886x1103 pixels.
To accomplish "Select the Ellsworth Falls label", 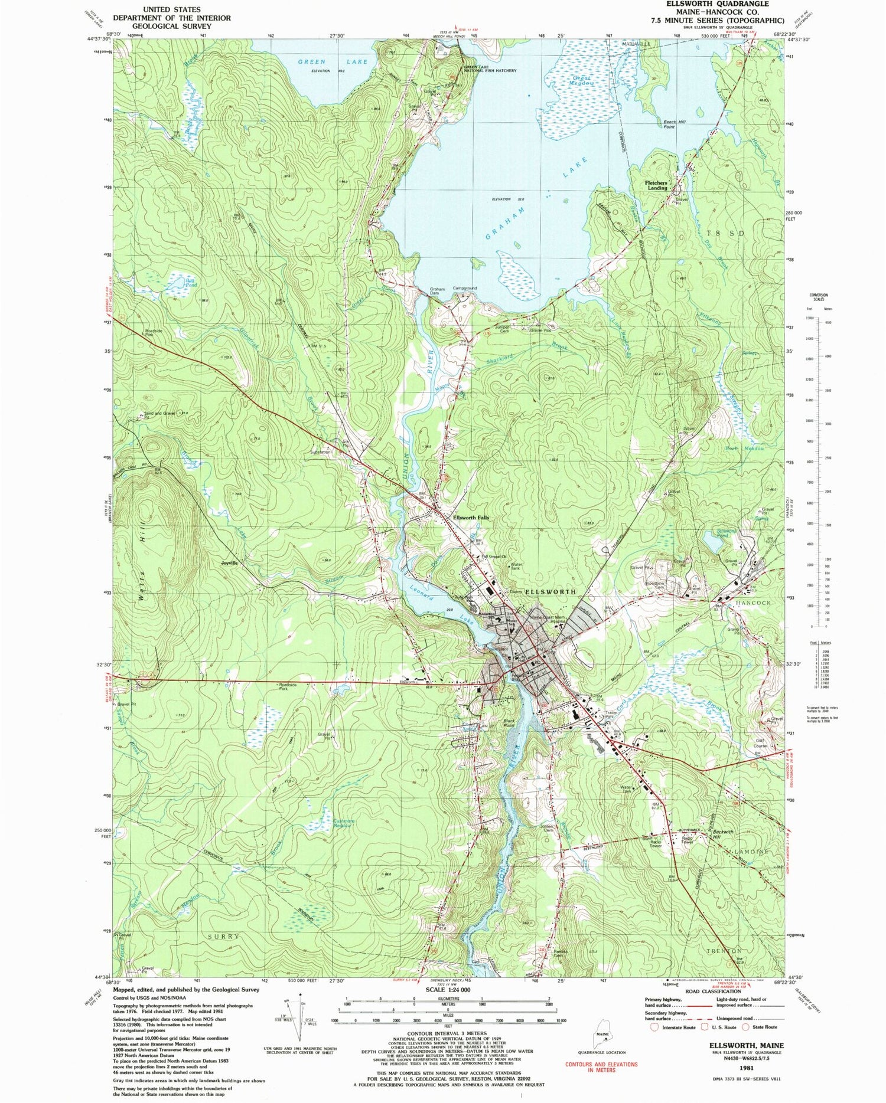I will pyautogui.click(x=471, y=518).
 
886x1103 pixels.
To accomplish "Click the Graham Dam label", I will pyautogui.click(x=437, y=292).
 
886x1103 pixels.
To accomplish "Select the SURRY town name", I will pyautogui.click(x=224, y=937).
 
